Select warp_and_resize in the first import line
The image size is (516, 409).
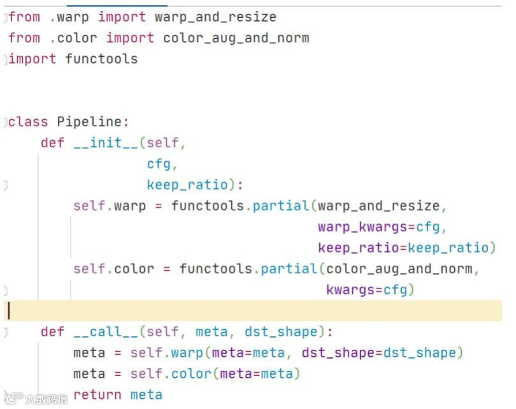point(215,17)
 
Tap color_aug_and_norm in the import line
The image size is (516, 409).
point(236,38)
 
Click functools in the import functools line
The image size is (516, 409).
point(101,59)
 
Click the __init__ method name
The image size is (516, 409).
point(106,143)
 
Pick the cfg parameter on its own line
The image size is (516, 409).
point(159,164)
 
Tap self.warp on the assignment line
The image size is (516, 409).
point(110,206)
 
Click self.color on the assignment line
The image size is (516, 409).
point(113,269)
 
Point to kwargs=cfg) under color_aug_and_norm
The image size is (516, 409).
point(370,290)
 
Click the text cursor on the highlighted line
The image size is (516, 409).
point(8,311)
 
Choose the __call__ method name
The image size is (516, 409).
point(106,332)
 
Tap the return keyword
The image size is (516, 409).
point(97,395)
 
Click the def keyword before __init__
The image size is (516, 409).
point(52,143)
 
